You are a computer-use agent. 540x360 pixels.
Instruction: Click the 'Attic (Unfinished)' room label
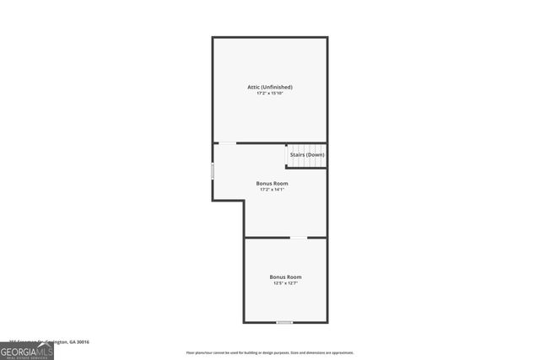click(269, 87)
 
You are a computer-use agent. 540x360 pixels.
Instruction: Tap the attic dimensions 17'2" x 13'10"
click(269, 94)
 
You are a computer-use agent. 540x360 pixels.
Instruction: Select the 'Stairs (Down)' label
click(307, 155)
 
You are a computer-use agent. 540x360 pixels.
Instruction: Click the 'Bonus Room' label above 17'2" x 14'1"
click(272, 183)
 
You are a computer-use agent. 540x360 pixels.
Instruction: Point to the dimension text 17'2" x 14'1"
click(272, 190)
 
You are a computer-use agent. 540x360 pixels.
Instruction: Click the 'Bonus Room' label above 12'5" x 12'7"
click(285, 277)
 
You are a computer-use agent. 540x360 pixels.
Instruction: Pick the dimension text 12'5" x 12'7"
click(285, 283)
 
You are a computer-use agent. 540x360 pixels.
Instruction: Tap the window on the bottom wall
click(285, 322)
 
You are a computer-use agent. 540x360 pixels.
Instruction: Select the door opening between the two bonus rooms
click(299, 238)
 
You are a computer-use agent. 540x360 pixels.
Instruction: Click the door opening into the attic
click(228, 142)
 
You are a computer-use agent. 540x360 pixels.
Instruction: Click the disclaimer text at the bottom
click(270, 352)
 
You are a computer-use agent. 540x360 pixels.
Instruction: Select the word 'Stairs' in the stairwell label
click(297, 155)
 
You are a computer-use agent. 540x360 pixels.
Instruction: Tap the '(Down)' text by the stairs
click(316, 155)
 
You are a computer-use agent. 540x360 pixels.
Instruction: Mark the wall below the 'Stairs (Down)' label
click(306, 167)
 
